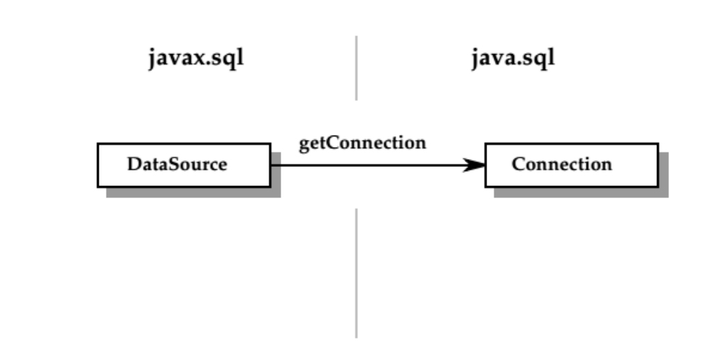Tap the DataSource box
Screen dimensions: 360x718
(183, 165)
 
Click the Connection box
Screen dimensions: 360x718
(571, 165)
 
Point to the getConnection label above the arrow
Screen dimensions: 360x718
(362, 143)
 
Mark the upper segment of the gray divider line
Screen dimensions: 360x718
(356, 67)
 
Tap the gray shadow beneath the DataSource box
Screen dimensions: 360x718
(192, 192)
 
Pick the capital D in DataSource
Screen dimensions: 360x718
(133, 165)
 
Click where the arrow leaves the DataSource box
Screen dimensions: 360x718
(271, 165)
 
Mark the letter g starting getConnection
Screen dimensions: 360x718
(303, 144)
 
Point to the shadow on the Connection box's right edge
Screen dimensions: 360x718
(663, 174)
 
